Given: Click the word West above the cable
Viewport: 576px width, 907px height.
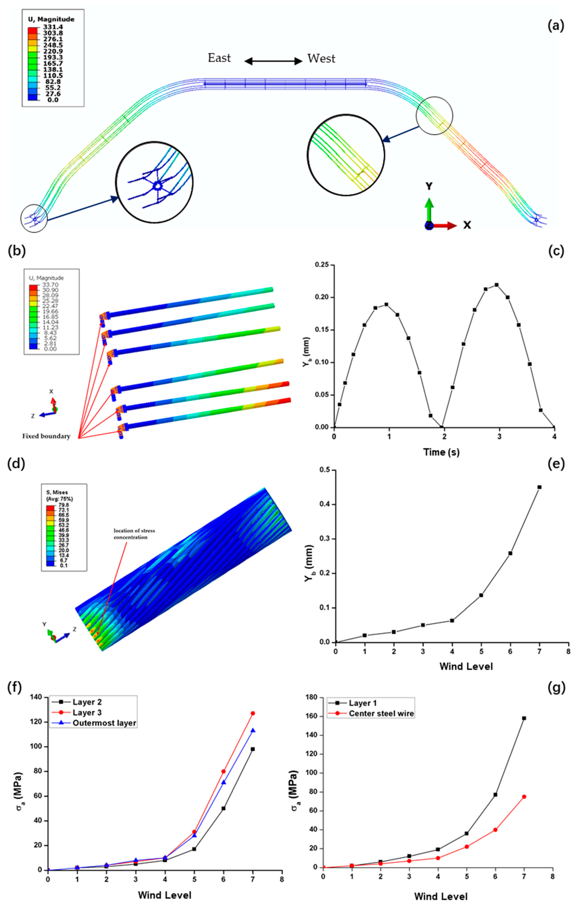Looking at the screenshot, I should (321, 59).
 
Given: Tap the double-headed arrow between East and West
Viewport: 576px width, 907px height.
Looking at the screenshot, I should (273, 61).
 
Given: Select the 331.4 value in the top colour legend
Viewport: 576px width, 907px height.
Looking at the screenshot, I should (53, 27).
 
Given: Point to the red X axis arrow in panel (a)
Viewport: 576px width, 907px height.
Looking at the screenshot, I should (445, 226).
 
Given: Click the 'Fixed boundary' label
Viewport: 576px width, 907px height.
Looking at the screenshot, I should (46, 436).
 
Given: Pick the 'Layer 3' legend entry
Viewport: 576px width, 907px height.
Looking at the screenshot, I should (87, 713).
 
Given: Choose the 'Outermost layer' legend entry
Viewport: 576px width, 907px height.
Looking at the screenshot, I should (104, 723).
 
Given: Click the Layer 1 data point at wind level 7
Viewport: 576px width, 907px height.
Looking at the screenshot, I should (524, 718).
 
